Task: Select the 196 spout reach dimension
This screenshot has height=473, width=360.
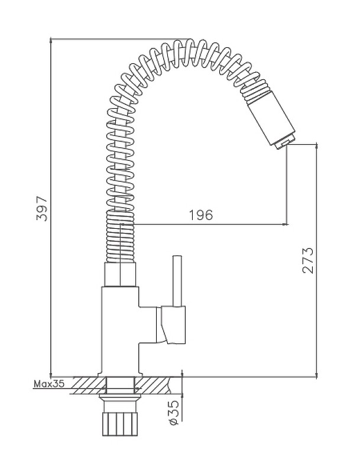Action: click(x=201, y=215)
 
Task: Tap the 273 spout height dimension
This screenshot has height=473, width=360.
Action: click(x=308, y=260)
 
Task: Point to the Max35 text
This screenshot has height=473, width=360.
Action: click(x=49, y=384)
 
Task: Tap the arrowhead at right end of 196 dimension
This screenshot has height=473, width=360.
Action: click(x=285, y=224)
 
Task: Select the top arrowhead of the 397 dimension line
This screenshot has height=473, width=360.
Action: click(x=51, y=41)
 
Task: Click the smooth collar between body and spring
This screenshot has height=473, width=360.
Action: click(x=119, y=274)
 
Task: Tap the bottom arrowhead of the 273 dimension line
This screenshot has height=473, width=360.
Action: click(x=316, y=374)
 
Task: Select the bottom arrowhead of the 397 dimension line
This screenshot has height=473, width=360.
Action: click(x=51, y=374)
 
